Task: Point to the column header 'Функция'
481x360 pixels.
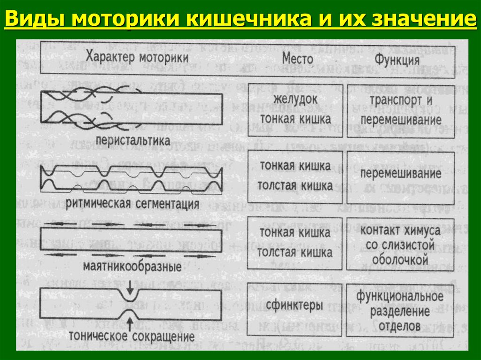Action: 396,60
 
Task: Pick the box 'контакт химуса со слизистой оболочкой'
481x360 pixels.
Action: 401,244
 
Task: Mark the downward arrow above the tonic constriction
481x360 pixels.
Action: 130,285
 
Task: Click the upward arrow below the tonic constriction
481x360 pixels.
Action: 130,323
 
